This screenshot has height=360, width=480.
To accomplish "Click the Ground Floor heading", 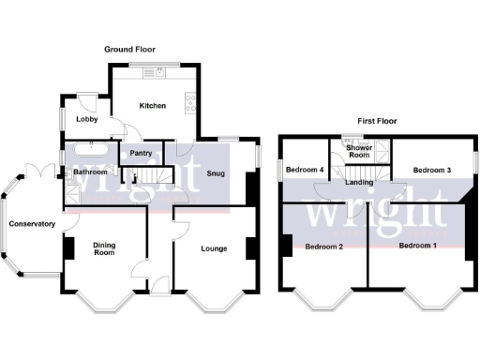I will pyautogui.click(x=130, y=49).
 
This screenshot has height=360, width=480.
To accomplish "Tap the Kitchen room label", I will pyautogui.click(x=152, y=106).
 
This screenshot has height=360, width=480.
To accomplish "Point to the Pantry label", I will pyautogui.click(x=142, y=152).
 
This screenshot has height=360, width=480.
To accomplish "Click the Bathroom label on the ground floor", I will pyautogui.click(x=91, y=172).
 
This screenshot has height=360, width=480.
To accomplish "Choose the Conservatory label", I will pyautogui.click(x=31, y=224).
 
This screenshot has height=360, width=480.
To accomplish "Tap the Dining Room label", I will pyautogui.click(x=104, y=248).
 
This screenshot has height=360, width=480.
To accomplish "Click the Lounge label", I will pyautogui.click(x=214, y=248).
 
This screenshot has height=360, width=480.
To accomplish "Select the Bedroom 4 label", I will pyautogui.click(x=305, y=170).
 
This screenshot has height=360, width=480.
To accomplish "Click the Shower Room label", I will pyautogui.click(x=360, y=152).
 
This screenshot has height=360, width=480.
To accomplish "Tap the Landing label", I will pyautogui.click(x=360, y=182).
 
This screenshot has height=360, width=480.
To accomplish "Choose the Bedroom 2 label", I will pyautogui.click(x=322, y=246).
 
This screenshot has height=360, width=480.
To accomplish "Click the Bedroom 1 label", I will pyautogui.click(x=417, y=246).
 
